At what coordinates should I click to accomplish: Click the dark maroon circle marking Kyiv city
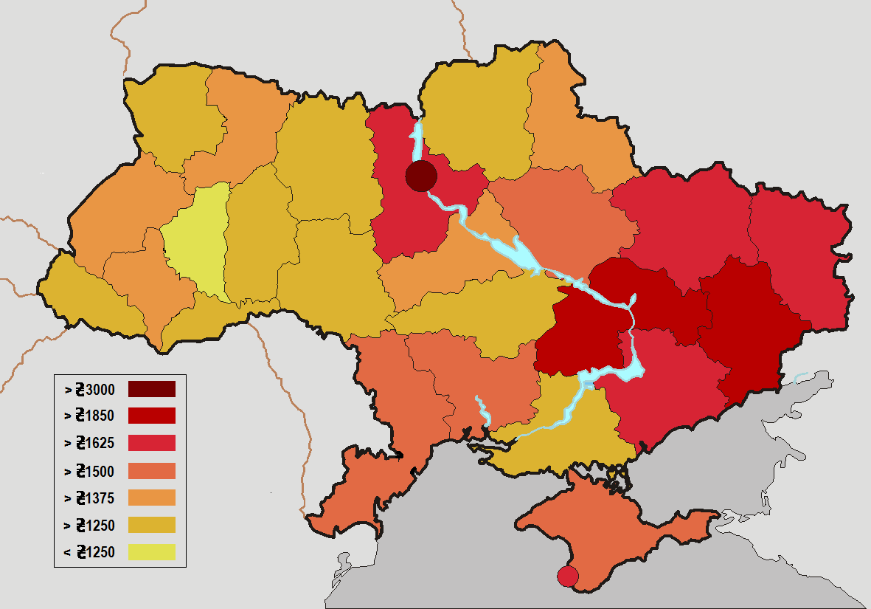click(421, 176)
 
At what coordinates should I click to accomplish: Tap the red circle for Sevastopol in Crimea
click(567, 576)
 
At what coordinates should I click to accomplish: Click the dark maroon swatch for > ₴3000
click(151, 388)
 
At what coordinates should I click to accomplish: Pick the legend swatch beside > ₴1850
click(151, 416)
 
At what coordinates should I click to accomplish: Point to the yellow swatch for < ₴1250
click(151, 551)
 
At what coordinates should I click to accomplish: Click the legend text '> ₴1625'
click(89, 443)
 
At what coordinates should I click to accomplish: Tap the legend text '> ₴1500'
click(89, 471)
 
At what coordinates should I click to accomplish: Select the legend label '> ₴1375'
click(89, 498)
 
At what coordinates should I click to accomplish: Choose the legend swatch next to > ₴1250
click(151, 525)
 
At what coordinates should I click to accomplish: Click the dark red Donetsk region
click(745, 325)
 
